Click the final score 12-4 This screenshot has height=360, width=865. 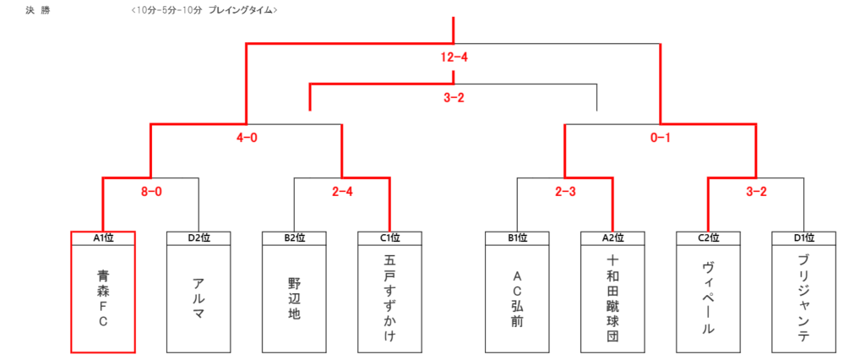pyautogui.click(x=454, y=57)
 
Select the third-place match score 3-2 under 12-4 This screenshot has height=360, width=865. pyautogui.click(x=454, y=98)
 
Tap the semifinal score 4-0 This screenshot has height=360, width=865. pyautogui.click(x=247, y=138)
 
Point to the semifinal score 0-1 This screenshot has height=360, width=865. pyautogui.click(x=660, y=138)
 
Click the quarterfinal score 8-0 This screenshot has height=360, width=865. pyautogui.click(x=150, y=192)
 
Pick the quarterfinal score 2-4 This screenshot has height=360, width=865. pyautogui.click(x=342, y=192)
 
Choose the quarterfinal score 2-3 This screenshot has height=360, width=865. pyautogui.click(x=564, y=192)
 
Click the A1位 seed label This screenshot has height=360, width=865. pyautogui.click(x=103, y=238)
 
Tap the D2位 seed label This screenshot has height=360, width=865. pyautogui.click(x=199, y=238)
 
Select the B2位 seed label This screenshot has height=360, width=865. pyautogui.click(x=294, y=238)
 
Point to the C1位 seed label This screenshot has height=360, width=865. pyautogui.click(x=389, y=238)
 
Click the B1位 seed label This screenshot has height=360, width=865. pyautogui.click(x=517, y=238)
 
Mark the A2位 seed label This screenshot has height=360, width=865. pyautogui.click(x=612, y=238)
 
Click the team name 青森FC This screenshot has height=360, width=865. pyautogui.click(x=103, y=298)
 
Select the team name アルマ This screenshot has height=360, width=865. pyautogui.click(x=199, y=298)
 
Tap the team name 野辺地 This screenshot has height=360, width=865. pyautogui.click(x=294, y=298)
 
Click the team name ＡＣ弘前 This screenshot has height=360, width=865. pyautogui.click(x=517, y=298)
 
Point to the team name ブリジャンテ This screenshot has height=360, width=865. pyautogui.click(x=803, y=298)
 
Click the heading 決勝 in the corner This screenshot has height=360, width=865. pyautogui.click(x=37, y=10)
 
